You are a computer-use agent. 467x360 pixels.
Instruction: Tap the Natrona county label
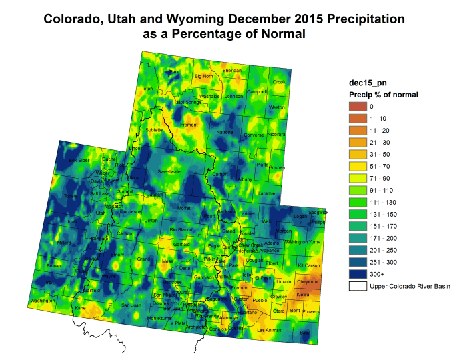pyautogui.click(x=225, y=133)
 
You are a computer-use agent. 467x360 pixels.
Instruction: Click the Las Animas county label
pyautogui.click(x=270, y=330)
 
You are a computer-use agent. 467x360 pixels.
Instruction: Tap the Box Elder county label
pyautogui.click(x=79, y=160)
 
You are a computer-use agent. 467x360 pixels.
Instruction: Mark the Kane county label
pyautogui.click(x=81, y=308)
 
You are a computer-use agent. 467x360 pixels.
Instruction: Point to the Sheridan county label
pyautogui.click(x=231, y=70)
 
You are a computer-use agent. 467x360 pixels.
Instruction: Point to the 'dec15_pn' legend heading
pyautogui.click(x=366, y=83)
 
